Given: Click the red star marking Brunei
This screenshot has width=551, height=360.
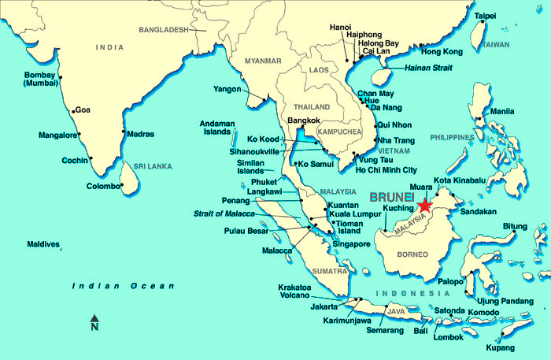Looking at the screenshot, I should [425, 205].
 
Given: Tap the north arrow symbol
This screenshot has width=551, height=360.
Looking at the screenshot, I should [94, 322].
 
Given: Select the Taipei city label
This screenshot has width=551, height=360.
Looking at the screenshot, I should [485, 16].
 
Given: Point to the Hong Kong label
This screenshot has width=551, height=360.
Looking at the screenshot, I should [442, 52].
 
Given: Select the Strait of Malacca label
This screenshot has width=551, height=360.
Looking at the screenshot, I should [224, 213].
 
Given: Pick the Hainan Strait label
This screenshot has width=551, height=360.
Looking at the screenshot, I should [427, 69].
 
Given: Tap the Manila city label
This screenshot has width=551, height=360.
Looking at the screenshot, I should [502, 111].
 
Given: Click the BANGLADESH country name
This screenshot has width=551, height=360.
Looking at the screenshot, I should [164, 30].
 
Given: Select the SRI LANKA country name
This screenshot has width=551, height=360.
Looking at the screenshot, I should [152, 167].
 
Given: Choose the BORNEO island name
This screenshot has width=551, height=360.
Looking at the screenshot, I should [412, 254].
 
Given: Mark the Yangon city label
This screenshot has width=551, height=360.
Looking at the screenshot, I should [227, 89].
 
